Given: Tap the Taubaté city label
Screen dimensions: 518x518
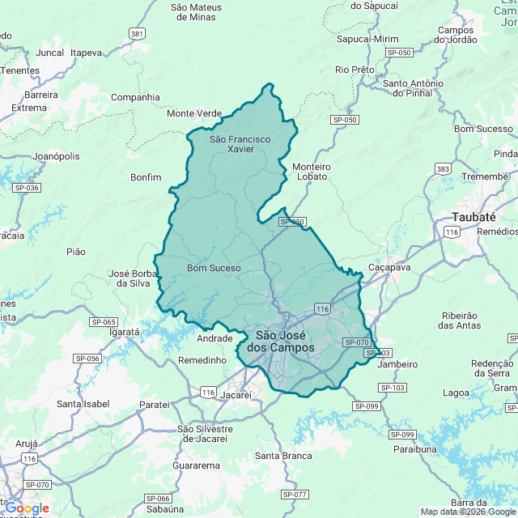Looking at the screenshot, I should tap(473, 216).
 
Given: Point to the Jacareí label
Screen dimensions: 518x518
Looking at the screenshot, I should tap(236, 396).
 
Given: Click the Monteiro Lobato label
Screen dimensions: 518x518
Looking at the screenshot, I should tap(310, 171).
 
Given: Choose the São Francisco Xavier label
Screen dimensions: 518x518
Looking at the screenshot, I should tap(240, 144).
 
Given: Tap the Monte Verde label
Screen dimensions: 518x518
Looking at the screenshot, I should tap(194, 113).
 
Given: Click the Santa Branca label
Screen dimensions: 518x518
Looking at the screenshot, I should tap(283, 456).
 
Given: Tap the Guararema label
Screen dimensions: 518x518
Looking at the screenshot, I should tap(197, 465).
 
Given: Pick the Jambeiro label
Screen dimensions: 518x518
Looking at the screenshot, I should tap(397, 364).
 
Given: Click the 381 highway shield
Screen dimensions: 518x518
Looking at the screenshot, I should tap(137, 33).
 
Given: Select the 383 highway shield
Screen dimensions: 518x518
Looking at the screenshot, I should tap(443, 168).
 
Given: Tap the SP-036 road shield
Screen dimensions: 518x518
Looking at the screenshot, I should tap(27, 187).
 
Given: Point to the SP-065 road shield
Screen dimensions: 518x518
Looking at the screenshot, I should tap(104, 321).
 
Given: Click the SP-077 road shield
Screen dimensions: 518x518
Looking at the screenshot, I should tap(296, 494).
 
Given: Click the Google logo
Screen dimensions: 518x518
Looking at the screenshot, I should tap(26, 507).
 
